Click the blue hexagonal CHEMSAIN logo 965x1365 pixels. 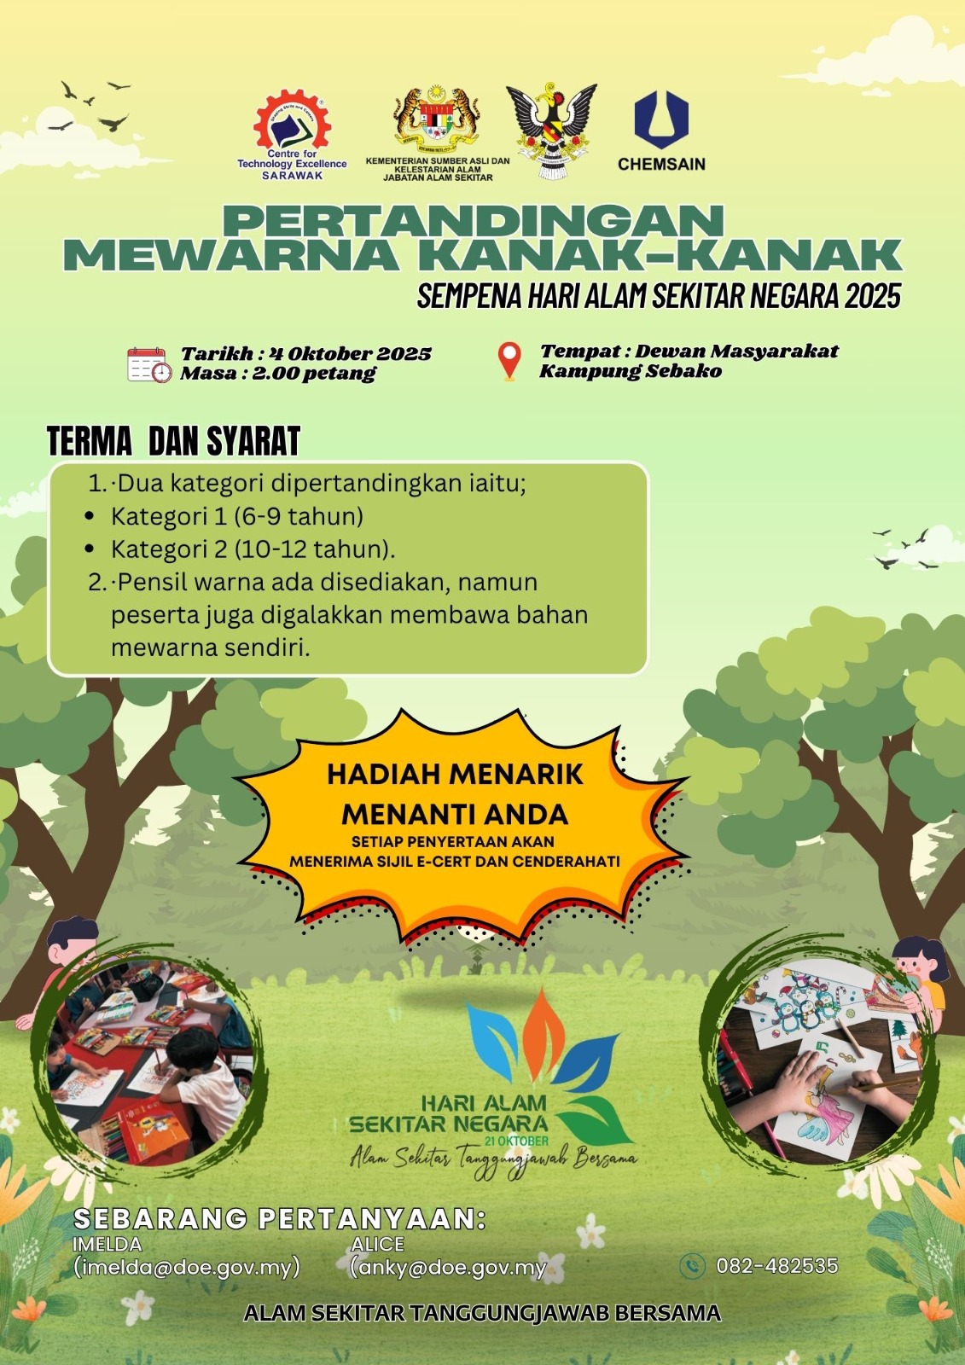661,120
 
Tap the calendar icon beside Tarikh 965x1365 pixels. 149,364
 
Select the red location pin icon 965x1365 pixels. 509,362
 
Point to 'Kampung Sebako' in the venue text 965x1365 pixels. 631,371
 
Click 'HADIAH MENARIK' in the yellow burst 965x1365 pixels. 456,775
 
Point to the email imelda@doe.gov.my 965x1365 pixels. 187,1266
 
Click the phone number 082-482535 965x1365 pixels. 776,1266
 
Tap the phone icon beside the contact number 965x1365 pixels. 692,1266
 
